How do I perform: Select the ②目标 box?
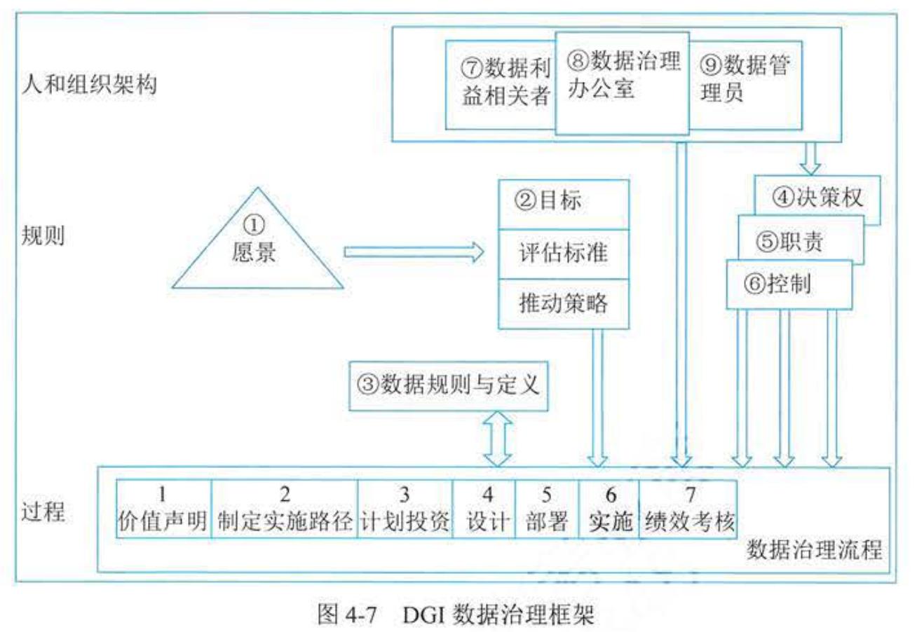pyautogui.click(x=564, y=204)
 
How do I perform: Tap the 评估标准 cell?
pyautogui.click(x=564, y=253)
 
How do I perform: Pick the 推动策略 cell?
pyautogui.click(x=564, y=303)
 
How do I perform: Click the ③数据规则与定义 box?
pyautogui.click(x=449, y=385)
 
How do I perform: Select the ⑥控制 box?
pyautogui.click(x=789, y=284)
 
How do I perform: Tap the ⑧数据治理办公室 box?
pyautogui.click(x=623, y=77)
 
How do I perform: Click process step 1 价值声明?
pyautogui.click(x=163, y=509)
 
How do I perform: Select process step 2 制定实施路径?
pyautogui.click(x=284, y=509)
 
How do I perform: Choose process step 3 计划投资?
pyautogui.click(x=405, y=509)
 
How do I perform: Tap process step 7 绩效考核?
pyautogui.click(x=688, y=509)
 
